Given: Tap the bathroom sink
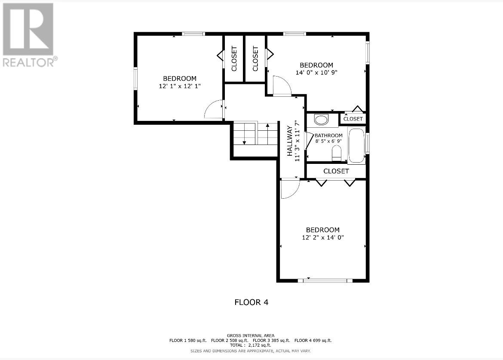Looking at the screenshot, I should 321,120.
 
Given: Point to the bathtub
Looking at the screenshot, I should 356,145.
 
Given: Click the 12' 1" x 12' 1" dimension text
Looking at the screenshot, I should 180,86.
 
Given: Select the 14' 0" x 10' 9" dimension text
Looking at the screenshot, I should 316,73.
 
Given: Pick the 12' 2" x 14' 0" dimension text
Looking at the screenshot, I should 322,237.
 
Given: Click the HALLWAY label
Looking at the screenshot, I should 290,141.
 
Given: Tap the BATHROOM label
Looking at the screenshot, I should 328,135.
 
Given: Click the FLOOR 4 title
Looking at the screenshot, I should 252,302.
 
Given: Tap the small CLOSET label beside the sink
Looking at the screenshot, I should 353,119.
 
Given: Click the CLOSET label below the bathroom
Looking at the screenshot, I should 336,171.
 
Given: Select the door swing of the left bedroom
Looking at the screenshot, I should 214,110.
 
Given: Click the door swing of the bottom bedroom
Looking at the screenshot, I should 289,189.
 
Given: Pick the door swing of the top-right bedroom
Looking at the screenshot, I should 282,86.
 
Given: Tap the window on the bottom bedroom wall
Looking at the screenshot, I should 325,281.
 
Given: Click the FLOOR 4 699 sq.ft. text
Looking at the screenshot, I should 313,340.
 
